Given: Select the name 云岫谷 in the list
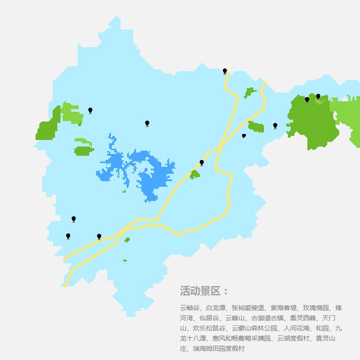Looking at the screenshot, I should [x=189, y=308].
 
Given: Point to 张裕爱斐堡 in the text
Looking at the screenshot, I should [x=247, y=308].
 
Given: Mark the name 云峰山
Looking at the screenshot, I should [x=235, y=318].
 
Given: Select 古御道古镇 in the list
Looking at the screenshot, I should [x=267, y=318].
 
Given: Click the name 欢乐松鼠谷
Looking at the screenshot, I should [x=209, y=328].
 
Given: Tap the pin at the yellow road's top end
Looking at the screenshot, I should [x=225, y=71].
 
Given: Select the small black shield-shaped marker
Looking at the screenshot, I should [x=244, y=136].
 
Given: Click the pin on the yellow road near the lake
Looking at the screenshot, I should [x=202, y=163].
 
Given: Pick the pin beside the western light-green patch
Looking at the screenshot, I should [x=90, y=110].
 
